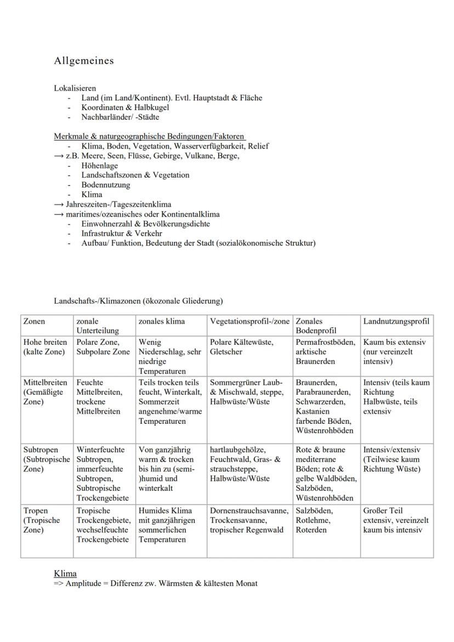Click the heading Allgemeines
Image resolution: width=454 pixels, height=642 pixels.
[84, 61]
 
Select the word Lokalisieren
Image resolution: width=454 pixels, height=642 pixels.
[75, 88]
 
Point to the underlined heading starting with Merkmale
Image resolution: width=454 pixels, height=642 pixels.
[149, 136]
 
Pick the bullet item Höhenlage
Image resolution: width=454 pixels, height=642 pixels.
[99, 166]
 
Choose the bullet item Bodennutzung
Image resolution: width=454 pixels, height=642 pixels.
[106, 185]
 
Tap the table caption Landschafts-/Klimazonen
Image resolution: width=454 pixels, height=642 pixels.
[138, 301]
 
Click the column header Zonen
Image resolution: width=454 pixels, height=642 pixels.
[34, 322]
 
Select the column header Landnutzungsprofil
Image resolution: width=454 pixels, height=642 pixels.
[396, 322]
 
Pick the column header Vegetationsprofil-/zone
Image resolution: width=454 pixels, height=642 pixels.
[250, 322]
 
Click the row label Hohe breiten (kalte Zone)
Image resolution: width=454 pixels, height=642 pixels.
[46, 347]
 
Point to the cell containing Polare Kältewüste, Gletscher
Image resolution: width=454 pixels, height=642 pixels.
[242, 347]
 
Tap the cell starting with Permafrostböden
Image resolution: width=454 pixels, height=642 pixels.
[326, 352]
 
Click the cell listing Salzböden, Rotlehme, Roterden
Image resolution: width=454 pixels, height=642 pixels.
[311, 520]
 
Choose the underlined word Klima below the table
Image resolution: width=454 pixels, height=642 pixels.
[65, 573]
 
